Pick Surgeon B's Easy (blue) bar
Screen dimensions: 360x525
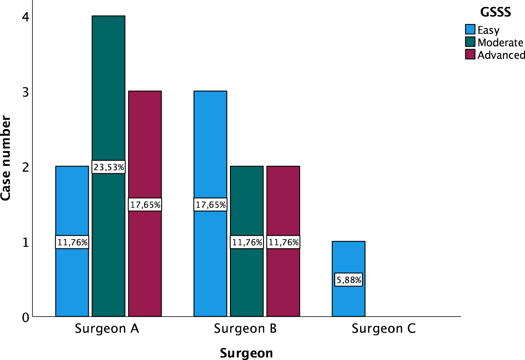210,142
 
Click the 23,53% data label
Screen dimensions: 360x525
108,167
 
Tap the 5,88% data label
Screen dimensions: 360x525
349,280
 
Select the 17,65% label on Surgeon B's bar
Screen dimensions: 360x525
210,205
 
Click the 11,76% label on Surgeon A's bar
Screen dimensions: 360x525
72,242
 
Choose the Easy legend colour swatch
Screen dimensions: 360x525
470,29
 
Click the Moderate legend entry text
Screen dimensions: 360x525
500,42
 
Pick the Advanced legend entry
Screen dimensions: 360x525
500,55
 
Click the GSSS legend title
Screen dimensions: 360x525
495,12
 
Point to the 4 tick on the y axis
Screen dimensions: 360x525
25,17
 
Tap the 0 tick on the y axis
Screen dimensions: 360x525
25,317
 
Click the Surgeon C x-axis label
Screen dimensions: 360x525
384,328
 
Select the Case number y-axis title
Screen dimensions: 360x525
6,158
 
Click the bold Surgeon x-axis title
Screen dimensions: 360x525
246,353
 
